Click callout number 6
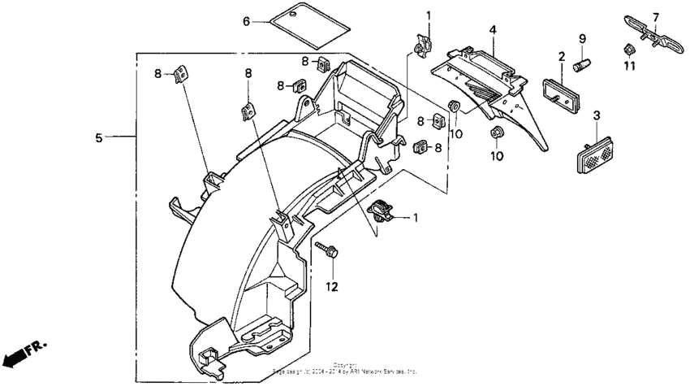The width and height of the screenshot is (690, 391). click(247, 21)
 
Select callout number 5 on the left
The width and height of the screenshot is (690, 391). click(99, 138)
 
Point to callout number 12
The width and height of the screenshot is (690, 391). click(331, 286)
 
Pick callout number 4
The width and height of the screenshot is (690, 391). click(492, 29)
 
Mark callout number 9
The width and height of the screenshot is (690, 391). click(582, 39)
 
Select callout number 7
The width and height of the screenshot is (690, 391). click(656, 16)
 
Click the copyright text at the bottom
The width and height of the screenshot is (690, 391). click(345, 369)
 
